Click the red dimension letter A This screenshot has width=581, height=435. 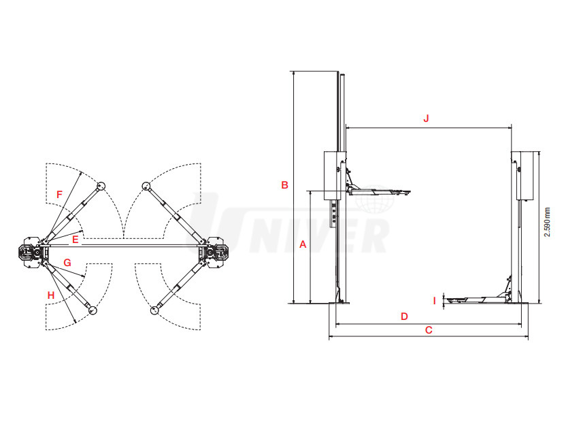point(303,244)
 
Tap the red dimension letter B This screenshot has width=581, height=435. point(284,184)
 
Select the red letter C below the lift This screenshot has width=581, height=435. point(429,330)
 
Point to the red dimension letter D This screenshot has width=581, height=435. point(404,317)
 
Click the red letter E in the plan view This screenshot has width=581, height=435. point(76,240)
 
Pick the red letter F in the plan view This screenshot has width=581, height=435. point(59,194)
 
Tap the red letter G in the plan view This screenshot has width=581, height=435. point(67,263)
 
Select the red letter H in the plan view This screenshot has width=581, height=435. point(51,295)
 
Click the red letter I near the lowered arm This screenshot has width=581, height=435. point(435,300)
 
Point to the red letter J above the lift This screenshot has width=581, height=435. point(426,118)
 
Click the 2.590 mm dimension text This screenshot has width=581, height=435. point(547,222)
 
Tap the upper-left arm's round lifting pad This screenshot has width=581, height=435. point(101,186)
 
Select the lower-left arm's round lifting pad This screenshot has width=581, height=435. point(92,310)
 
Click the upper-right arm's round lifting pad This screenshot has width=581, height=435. point(146,186)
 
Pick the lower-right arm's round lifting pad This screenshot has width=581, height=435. point(154,310)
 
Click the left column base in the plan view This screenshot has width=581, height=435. point(32,252)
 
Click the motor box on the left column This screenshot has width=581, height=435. point(333,176)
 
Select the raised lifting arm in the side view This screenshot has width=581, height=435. point(378,189)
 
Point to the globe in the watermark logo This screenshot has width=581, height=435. point(374,199)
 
